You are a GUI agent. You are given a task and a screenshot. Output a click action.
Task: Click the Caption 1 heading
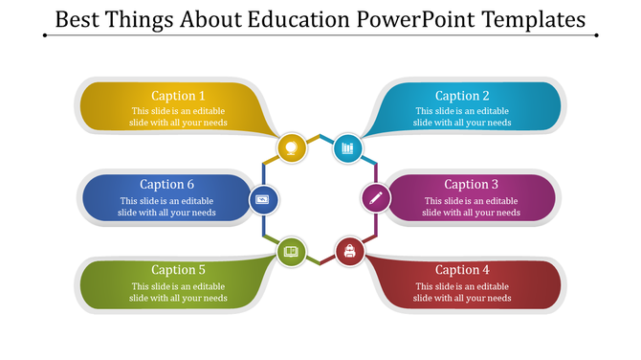point(179,96)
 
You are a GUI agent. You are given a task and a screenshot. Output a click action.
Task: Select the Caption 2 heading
point(462,96)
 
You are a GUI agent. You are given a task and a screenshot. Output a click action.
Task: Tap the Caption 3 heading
point(472,185)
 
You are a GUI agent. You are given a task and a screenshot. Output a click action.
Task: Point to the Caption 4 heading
point(462,270)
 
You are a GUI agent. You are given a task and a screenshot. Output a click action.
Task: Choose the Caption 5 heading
point(179,270)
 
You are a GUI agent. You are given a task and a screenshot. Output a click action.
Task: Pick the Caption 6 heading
point(167,185)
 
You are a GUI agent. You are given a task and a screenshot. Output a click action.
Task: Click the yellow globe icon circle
point(292,147)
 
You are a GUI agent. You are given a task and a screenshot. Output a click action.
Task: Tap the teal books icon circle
point(347,147)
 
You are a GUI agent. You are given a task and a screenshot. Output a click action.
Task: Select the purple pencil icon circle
point(375,199)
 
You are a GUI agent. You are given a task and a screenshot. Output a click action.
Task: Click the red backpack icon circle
point(349,252)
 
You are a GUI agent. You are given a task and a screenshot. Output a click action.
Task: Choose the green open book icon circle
point(291,252)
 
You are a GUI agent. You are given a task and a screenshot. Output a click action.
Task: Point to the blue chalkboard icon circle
point(263,199)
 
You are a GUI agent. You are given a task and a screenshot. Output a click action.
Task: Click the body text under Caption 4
point(462,292)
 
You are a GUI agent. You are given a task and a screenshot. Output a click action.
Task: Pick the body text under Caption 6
point(167,207)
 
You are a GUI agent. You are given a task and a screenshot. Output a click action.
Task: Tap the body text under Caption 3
point(472,207)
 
